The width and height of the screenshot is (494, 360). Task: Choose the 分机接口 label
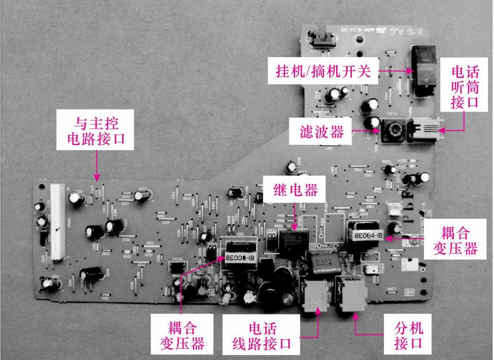pyautogui.click(x=409, y=335)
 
